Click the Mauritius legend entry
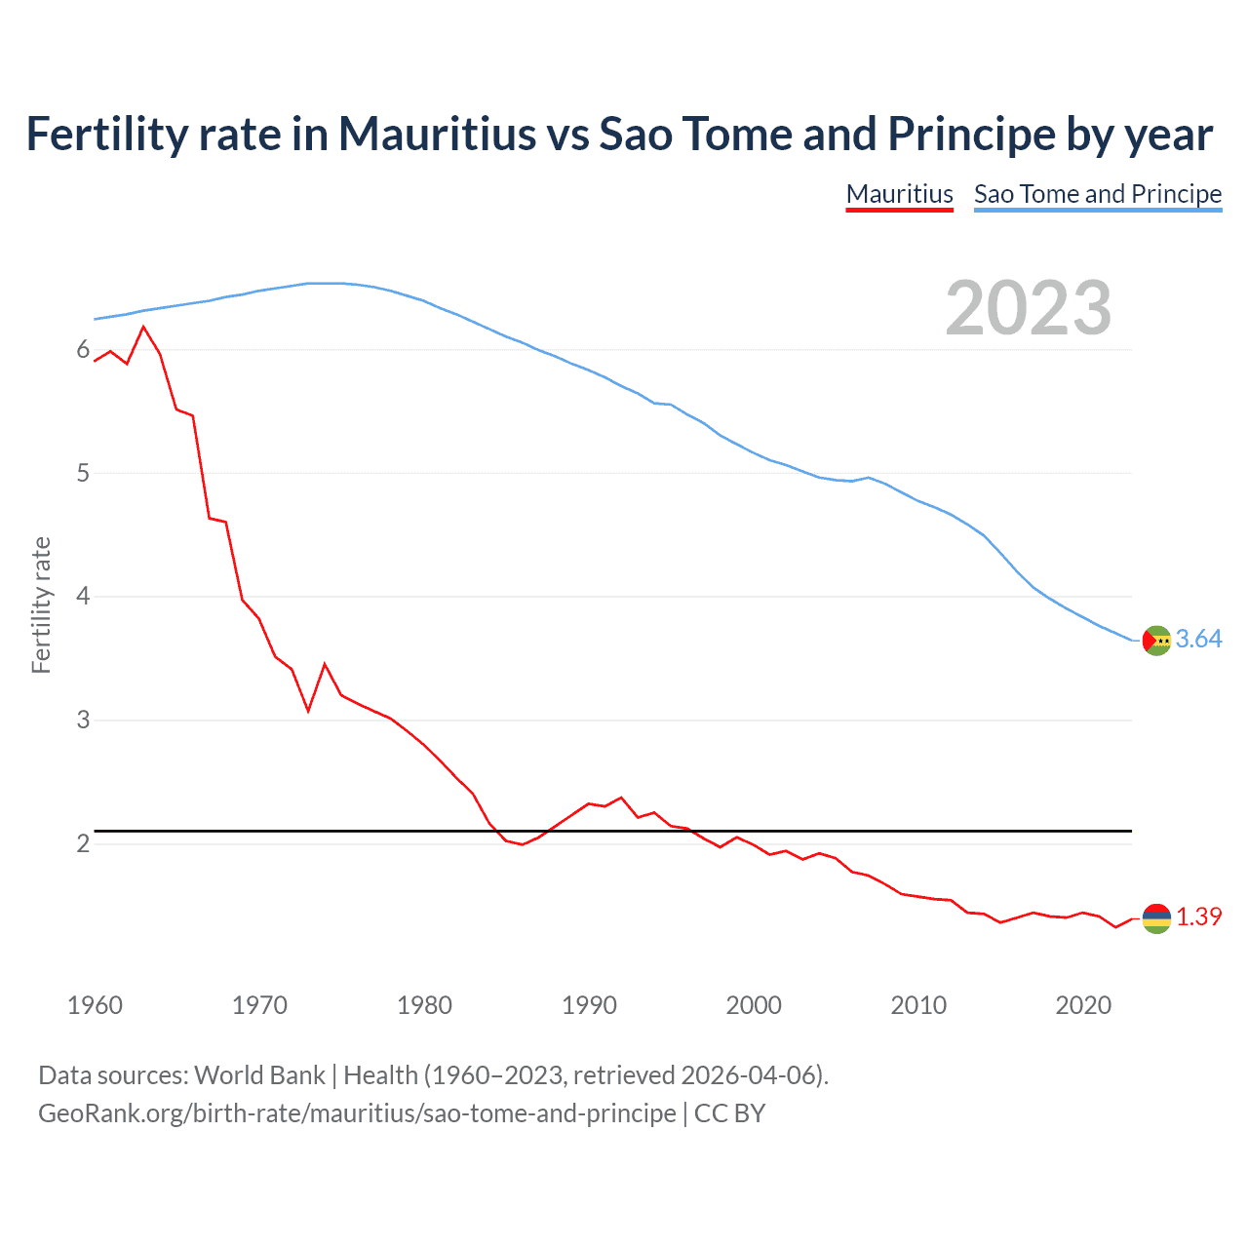tap(899, 194)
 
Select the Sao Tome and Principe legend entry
tap(1097, 194)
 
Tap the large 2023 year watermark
tap(1028, 308)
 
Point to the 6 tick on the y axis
tap(83, 350)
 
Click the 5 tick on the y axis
tap(83, 473)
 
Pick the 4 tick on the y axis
tap(83, 596)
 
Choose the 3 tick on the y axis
tap(83, 720)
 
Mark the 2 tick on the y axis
tap(83, 843)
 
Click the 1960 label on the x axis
tap(95, 1005)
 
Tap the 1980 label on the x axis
tap(424, 1005)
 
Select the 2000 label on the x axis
tap(754, 1005)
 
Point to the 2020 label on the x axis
tap(1083, 1005)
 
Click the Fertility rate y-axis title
tap(41, 604)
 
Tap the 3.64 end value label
tap(1198, 639)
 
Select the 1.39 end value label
tap(1198, 916)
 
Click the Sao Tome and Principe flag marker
tap(1156, 641)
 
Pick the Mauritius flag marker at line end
tap(1156, 918)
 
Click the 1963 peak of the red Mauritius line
tap(143, 327)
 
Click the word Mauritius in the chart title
tap(437, 135)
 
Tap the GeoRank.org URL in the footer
tap(357, 1112)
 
